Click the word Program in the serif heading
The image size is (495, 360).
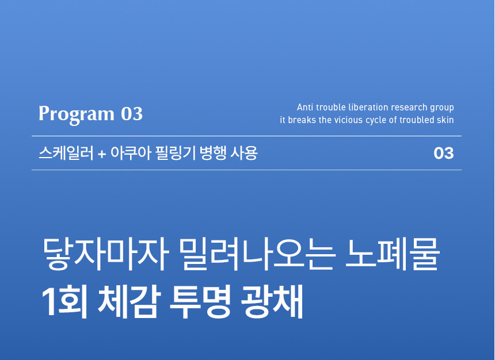coord(76,114)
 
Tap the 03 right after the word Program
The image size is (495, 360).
coord(132,114)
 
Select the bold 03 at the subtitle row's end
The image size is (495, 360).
coord(444,154)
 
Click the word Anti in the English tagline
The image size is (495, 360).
coord(305,108)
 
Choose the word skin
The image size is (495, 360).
coord(445,120)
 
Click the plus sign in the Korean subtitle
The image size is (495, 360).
coord(102,154)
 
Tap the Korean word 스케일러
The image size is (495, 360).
coord(66,153)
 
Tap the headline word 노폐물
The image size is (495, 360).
coord(392,254)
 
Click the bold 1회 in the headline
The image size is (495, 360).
coord(64,301)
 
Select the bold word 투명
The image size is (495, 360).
coord(200,301)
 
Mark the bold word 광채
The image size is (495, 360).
coord(272,301)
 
